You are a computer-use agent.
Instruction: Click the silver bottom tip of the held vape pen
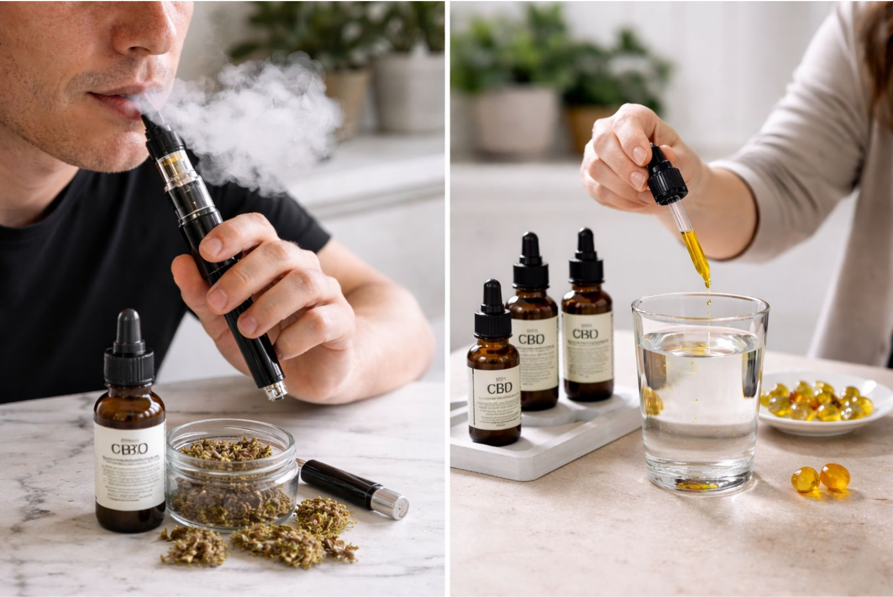tap(275, 392)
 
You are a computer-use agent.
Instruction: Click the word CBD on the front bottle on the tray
tap(500, 386)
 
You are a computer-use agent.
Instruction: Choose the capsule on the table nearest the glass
tap(805, 479)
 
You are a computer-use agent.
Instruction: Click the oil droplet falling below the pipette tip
tap(709, 303)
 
